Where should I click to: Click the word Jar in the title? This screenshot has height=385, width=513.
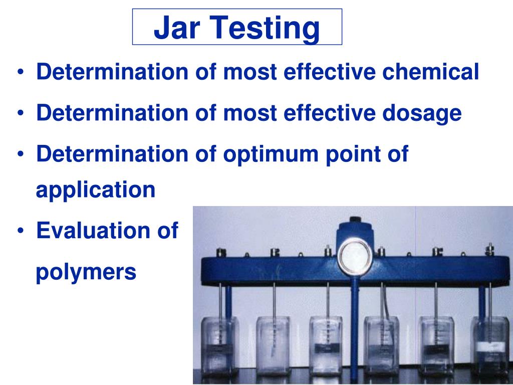[x=176, y=28]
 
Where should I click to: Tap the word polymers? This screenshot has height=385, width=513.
[x=86, y=272]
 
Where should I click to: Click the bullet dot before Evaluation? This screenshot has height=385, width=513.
[x=21, y=231]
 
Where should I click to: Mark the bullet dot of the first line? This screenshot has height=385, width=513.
[x=21, y=73]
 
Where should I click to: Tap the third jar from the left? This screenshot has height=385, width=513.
[x=326, y=346]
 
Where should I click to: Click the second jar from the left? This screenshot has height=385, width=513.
[x=273, y=346]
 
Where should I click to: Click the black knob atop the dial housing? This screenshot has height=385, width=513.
[x=356, y=219]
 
